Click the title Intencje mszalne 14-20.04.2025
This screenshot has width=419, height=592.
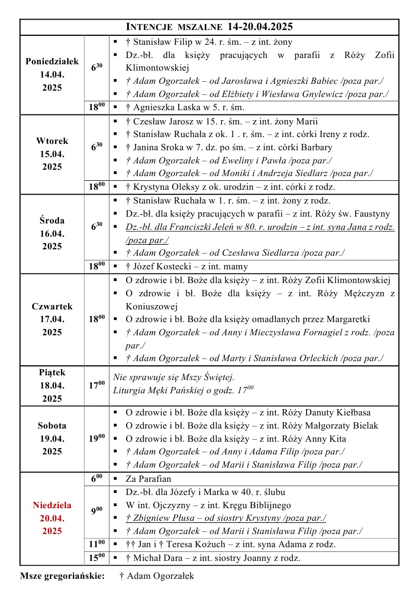209,27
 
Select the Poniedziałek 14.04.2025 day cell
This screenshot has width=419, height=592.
52,74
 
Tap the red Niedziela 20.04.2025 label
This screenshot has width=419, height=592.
52,518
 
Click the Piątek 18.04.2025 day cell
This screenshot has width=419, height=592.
52,385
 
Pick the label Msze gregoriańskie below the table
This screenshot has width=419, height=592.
62,576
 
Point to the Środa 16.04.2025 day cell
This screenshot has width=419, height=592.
52,233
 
